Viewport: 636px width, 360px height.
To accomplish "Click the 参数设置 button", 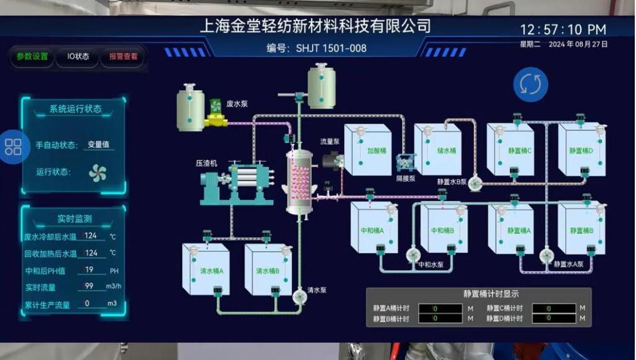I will click(x=32, y=56).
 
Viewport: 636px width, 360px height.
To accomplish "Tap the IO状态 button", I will click(x=78, y=56).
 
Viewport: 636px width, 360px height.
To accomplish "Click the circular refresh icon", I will click(x=530, y=84).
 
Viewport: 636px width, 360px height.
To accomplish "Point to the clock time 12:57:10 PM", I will click(x=563, y=30).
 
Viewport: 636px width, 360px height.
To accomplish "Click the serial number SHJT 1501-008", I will click(x=331, y=48).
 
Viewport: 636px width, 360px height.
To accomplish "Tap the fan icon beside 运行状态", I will click(x=98, y=173).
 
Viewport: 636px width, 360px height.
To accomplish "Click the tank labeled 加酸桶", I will click(x=368, y=150).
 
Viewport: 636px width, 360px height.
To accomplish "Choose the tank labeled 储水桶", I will click(x=438, y=150).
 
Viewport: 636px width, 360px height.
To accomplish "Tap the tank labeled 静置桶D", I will click(x=581, y=150).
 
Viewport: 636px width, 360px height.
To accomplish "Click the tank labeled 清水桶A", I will click(x=206, y=271).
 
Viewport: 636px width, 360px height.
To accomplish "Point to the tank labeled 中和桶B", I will click(x=443, y=230).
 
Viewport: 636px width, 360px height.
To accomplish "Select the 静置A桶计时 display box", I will click(x=440, y=308).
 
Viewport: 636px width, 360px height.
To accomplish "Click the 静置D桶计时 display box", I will click(x=553, y=318).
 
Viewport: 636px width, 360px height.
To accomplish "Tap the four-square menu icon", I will click(x=13, y=147).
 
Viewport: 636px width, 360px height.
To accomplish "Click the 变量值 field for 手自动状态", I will click(x=98, y=145).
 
